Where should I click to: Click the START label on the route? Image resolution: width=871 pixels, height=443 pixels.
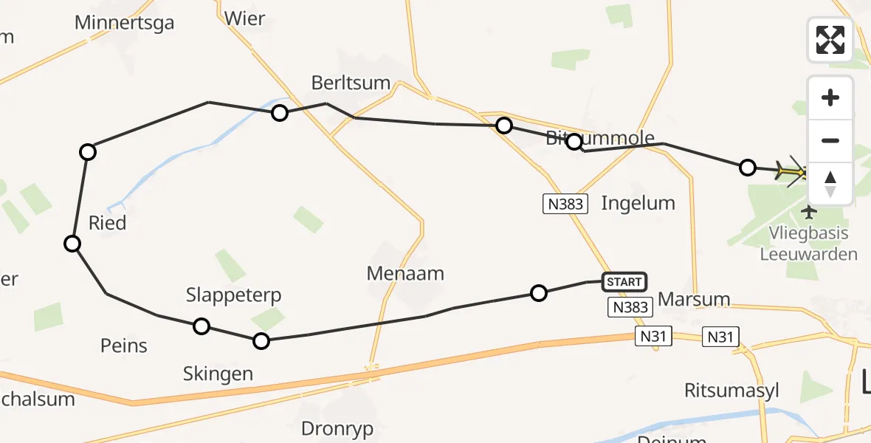[624, 281]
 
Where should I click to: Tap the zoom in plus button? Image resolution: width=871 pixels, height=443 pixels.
[830, 97]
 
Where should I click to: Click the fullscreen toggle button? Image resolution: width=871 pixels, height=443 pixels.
[830, 39]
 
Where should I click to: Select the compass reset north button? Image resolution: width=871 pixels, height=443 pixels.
[830, 184]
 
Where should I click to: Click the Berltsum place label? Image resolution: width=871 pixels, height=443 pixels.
[351, 82]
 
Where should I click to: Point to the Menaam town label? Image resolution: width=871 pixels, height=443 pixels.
[405, 274]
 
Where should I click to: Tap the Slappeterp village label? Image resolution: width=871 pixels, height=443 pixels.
[233, 295]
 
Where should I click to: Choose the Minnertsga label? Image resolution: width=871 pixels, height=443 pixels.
[124, 23]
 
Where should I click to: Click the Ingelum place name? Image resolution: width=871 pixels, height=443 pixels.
[638, 203]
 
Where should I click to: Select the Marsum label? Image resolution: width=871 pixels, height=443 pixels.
[693, 299]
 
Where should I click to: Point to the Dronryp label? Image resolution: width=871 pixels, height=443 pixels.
[337, 428]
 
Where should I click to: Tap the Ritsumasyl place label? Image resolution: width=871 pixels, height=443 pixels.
[731, 390]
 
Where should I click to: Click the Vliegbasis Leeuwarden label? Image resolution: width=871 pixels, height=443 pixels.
[809, 244]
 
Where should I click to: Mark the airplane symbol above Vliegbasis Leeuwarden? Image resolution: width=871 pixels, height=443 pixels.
[809, 213]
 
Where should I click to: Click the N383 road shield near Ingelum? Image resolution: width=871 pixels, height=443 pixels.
[565, 204]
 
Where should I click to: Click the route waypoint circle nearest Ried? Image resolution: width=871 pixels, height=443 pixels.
[72, 243]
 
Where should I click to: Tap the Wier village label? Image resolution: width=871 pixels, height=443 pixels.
[244, 18]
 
